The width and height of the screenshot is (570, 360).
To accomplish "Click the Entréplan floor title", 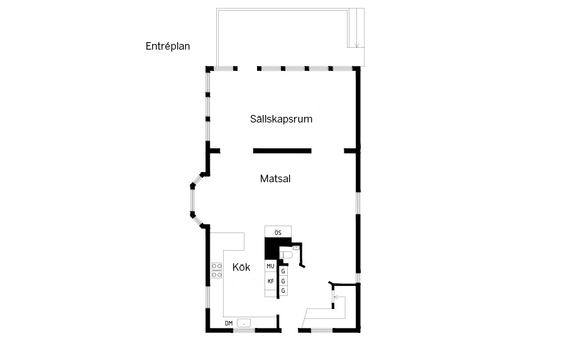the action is pyautogui.click(x=168, y=46).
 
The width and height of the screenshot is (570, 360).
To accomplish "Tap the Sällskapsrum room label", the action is pyautogui.click(x=281, y=119).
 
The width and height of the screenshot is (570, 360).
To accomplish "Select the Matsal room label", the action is pyautogui.click(x=275, y=178).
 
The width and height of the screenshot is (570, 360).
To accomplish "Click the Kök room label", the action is pyautogui.click(x=241, y=267).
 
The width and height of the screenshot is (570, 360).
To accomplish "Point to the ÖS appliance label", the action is pyautogui.click(x=278, y=233).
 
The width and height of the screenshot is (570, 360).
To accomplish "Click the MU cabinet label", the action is pyautogui.click(x=270, y=266).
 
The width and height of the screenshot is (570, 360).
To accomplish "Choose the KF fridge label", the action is pyautogui.click(x=271, y=281).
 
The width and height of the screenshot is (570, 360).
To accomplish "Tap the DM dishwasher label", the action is pyautogui.click(x=229, y=323).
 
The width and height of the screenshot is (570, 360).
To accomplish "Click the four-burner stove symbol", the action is pyautogui.click(x=217, y=270).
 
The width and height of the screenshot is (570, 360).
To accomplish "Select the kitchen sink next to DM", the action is pyautogui.click(x=244, y=322).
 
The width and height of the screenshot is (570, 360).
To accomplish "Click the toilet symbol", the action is pyautogui.click(x=286, y=254).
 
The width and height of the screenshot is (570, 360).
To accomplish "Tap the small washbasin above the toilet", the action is pyautogui.click(x=296, y=248).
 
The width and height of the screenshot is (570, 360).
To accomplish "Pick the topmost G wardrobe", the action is pyautogui.click(x=283, y=271).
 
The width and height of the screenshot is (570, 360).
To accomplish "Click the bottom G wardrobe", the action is pyautogui.click(x=283, y=291).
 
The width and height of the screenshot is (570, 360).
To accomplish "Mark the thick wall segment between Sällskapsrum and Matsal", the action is pyautogui.click(x=282, y=151).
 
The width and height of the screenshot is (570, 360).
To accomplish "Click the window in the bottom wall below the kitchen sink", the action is pyautogui.click(x=244, y=330).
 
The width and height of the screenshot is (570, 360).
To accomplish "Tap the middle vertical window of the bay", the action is pyautogui.click(x=192, y=199).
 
